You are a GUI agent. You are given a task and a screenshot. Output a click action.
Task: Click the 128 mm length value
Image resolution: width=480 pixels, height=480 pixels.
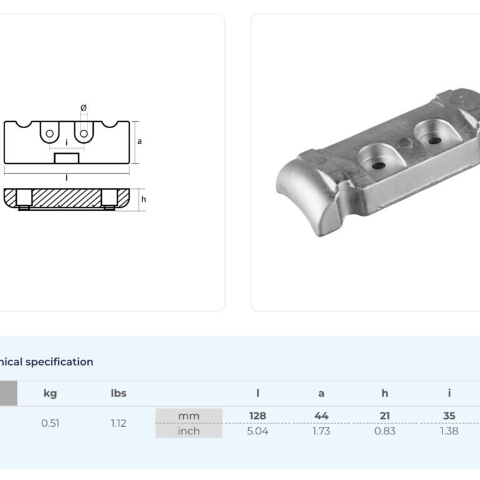(x=257, y=416)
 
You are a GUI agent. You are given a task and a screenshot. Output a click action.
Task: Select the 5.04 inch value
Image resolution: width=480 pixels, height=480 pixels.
(x=257, y=431)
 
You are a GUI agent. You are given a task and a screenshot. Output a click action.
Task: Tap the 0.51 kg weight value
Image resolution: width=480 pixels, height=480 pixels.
(x=50, y=423)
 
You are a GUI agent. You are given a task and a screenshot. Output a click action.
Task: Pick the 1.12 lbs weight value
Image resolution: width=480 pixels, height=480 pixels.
(x=119, y=423)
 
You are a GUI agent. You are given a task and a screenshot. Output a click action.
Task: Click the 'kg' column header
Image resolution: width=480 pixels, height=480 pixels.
(x=50, y=393)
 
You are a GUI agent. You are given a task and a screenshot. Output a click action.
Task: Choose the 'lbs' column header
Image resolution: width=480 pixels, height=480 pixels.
(x=119, y=393)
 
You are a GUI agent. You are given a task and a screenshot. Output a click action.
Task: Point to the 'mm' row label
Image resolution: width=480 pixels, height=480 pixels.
(x=189, y=416)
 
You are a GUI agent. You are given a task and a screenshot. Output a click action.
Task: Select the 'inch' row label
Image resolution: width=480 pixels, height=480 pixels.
(x=189, y=431)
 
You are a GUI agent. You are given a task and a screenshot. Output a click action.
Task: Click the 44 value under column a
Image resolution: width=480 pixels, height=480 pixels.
(x=321, y=416)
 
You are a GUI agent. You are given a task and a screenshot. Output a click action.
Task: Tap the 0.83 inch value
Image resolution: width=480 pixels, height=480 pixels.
(x=385, y=431)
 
